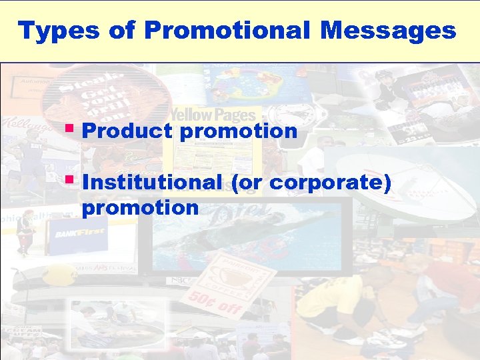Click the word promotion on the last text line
(140, 207)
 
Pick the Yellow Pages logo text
(211, 115)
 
